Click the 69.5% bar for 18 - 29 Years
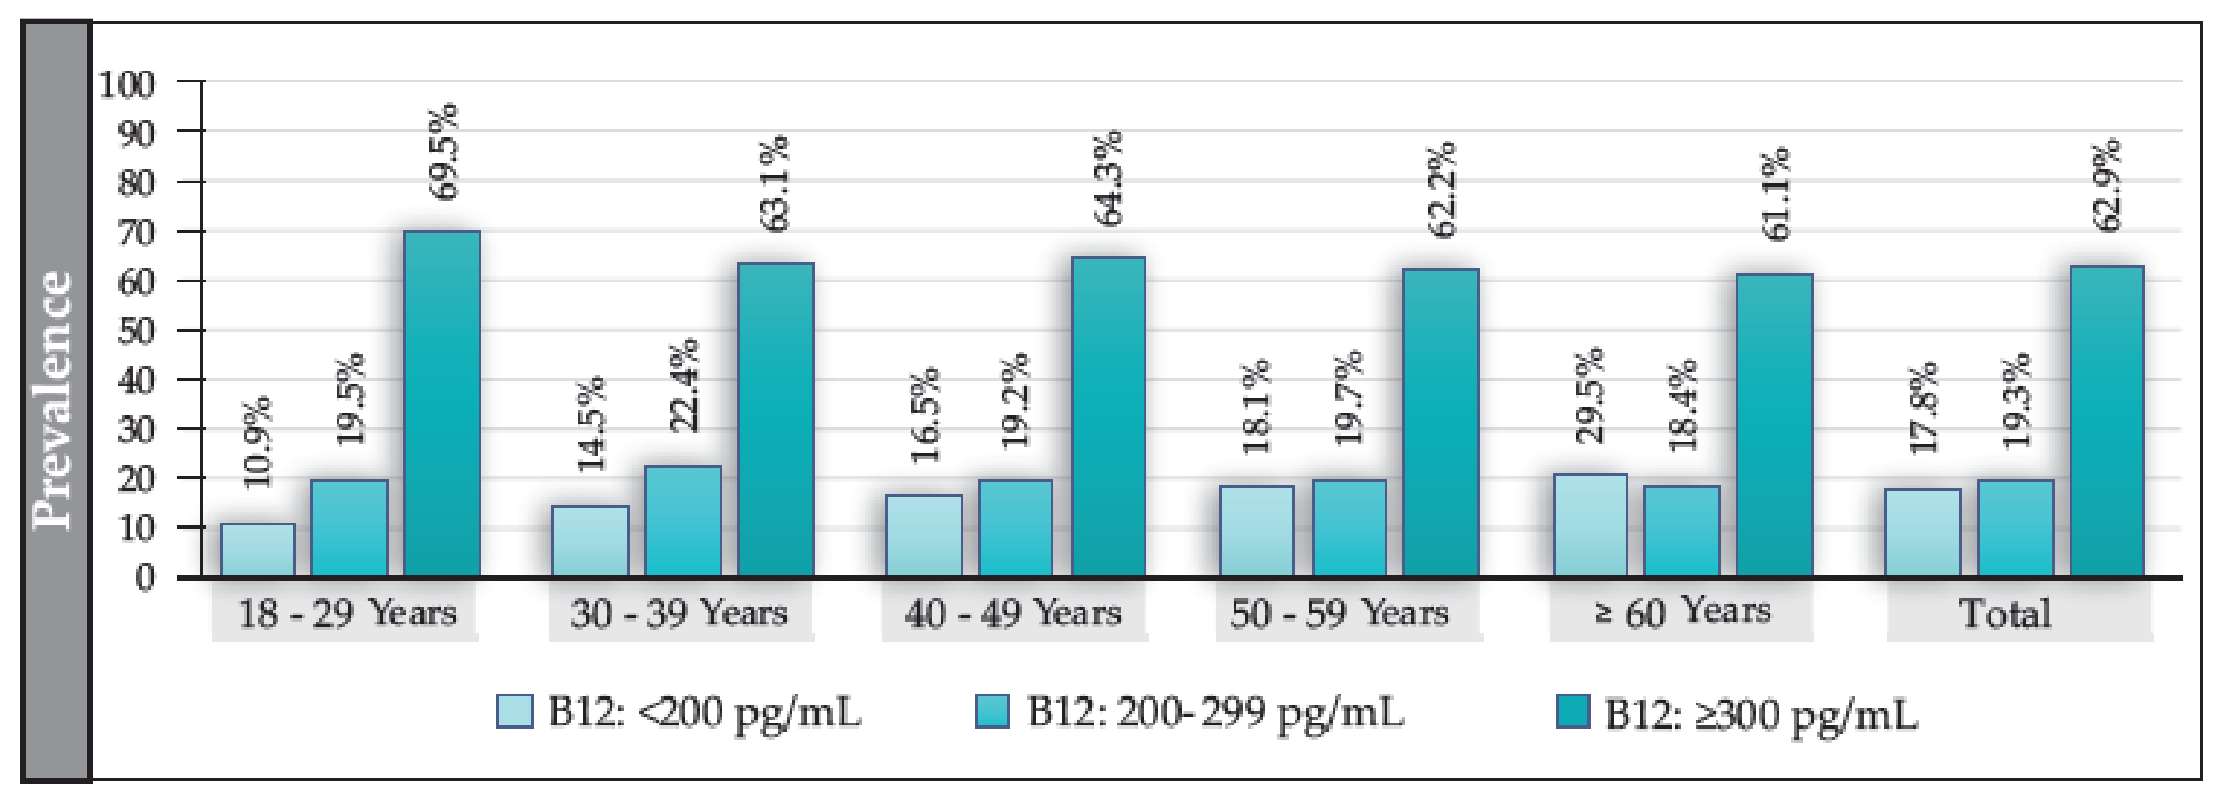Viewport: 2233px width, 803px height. [x=441, y=404]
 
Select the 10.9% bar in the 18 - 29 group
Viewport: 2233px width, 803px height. [x=258, y=550]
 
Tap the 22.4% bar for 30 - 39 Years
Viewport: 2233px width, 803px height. [x=682, y=521]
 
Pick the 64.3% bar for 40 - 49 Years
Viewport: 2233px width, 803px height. [x=1107, y=417]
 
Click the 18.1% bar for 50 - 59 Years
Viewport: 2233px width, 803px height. [x=1256, y=531]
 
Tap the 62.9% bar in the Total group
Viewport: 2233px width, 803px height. [x=2106, y=421]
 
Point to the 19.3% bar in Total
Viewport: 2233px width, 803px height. [x=2015, y=528]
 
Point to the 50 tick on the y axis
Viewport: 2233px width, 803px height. [x=135, y=331]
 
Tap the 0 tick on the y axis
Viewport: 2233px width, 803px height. [x=145, y=577]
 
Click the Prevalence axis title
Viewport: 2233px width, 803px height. [x=52, y=400]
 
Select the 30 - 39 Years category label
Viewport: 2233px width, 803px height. [x=679, y=613]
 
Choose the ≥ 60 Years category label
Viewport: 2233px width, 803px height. [x=1682, y=611]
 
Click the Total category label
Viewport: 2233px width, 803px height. [x=2005, y=613]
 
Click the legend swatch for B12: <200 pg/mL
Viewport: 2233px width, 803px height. [x=514, y=711]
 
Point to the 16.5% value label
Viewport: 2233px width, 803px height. [x=924, y=415]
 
